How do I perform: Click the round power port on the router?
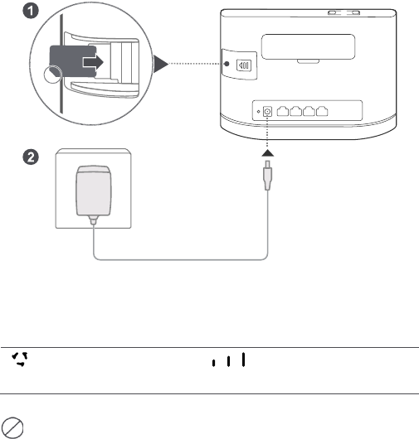click(268, 112)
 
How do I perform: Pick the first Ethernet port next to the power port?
click(285, 112)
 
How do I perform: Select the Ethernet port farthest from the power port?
click(335, 112)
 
